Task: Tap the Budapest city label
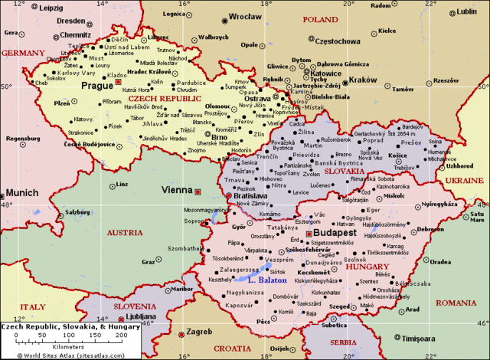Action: [335, 232]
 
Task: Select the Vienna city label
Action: [176, 189]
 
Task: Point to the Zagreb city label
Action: [199, 333]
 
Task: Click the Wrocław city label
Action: [247, 16]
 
